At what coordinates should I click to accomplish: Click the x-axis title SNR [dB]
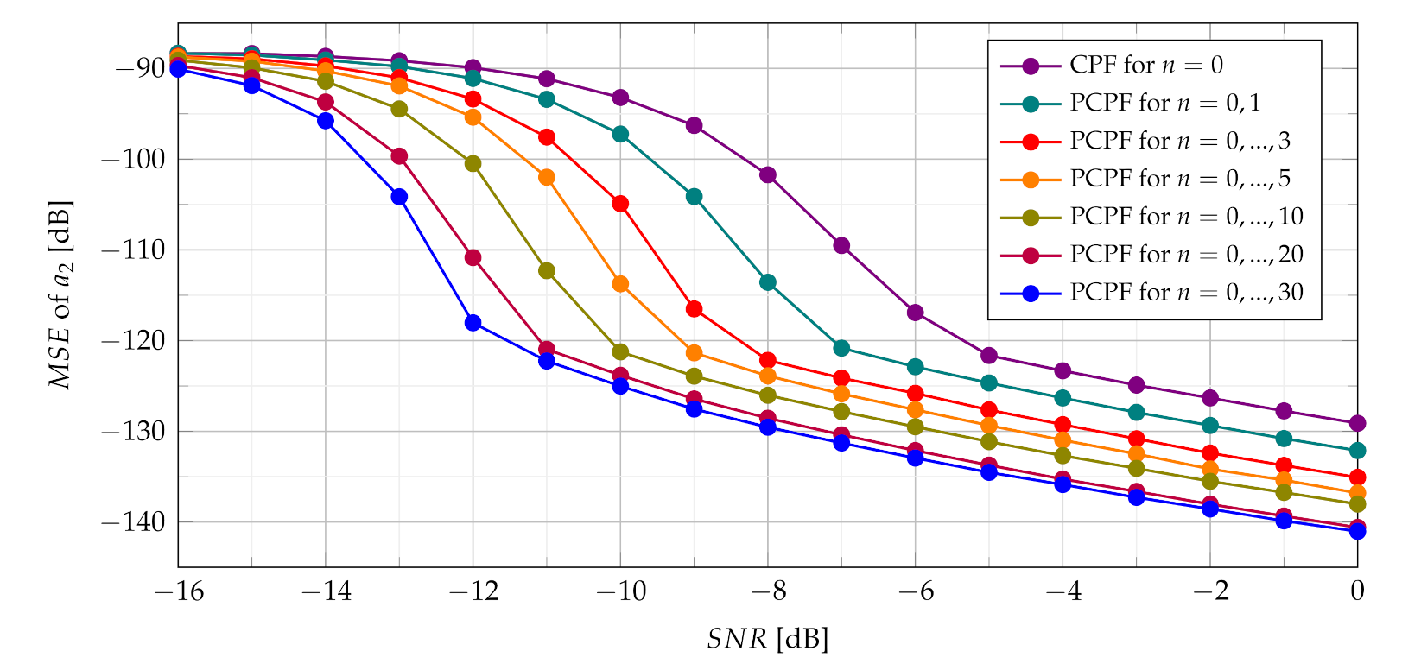coord(767,640)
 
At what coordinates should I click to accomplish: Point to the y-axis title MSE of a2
coord(60,295)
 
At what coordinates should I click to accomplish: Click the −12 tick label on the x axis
coord(473,592)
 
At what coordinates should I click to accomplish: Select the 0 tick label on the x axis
coord(1357,592)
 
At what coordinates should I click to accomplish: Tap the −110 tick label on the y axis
coord(137,250)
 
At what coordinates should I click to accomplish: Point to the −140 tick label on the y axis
coord(137,522)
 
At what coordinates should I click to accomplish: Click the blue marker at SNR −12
coord(473,323)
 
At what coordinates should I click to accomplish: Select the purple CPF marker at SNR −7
coord(841,246)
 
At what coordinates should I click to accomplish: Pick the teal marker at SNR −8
coord(768,282)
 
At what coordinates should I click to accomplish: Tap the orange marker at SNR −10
coord(620,284)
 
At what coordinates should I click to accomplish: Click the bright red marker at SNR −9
coord(694,309)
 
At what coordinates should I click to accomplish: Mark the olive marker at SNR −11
coord(547,271)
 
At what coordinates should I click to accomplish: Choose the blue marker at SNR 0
coord(1357,532)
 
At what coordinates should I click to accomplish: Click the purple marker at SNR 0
coord(1357,423)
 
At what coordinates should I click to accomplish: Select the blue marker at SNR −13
coord(399,197)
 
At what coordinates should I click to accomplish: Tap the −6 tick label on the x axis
coord(915,592)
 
